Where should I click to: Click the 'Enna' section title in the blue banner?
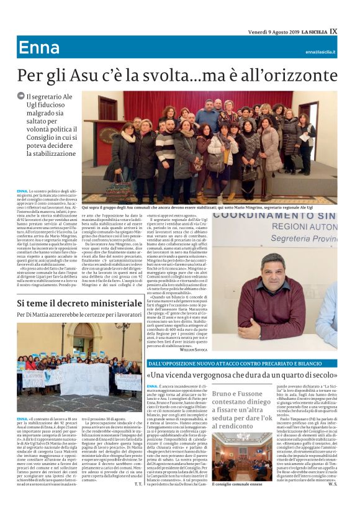(x=39, y=48)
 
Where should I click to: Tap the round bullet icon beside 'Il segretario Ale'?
(x=21, y=96)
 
